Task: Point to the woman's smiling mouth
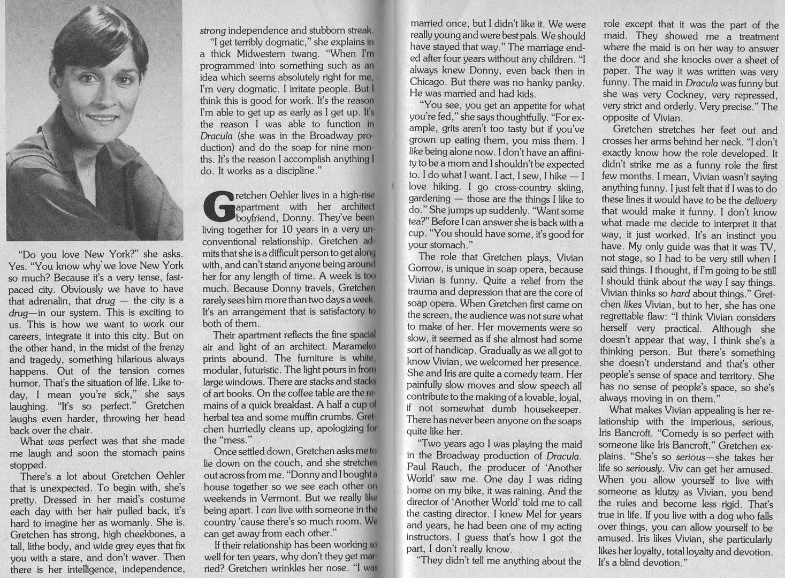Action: point(100,118)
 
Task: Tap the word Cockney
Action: point(681,95)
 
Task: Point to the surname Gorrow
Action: point(424,269)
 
